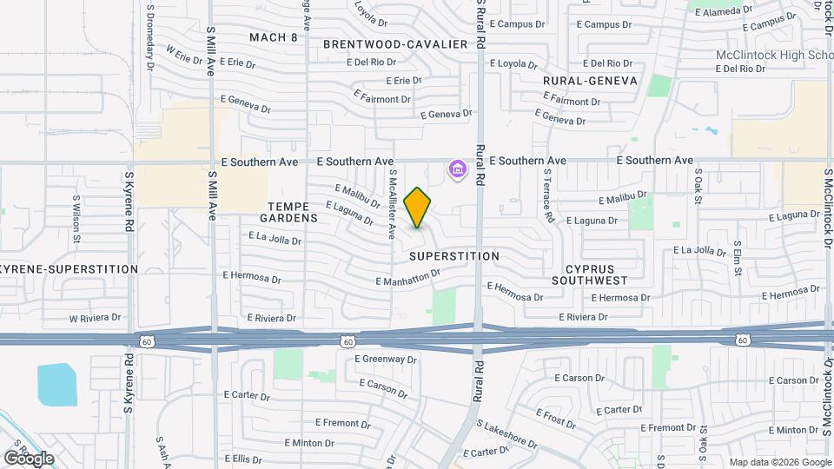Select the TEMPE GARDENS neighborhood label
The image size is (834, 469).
[x=288, y=211]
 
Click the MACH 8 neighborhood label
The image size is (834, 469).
[x=273, y=37]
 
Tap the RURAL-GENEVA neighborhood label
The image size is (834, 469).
[x=590, y=81]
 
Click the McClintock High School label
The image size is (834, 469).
[x=774, y=55]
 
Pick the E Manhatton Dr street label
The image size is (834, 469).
[x=409, y=277]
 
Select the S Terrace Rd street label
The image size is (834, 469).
[x=548, y=196]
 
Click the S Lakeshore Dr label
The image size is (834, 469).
[x=507, y=433]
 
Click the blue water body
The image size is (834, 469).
[x=56, y=385]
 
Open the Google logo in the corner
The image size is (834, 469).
[x=29, y=458]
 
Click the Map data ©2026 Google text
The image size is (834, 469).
[x=778, y=462]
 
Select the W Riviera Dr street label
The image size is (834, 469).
[x=95, y=318]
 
